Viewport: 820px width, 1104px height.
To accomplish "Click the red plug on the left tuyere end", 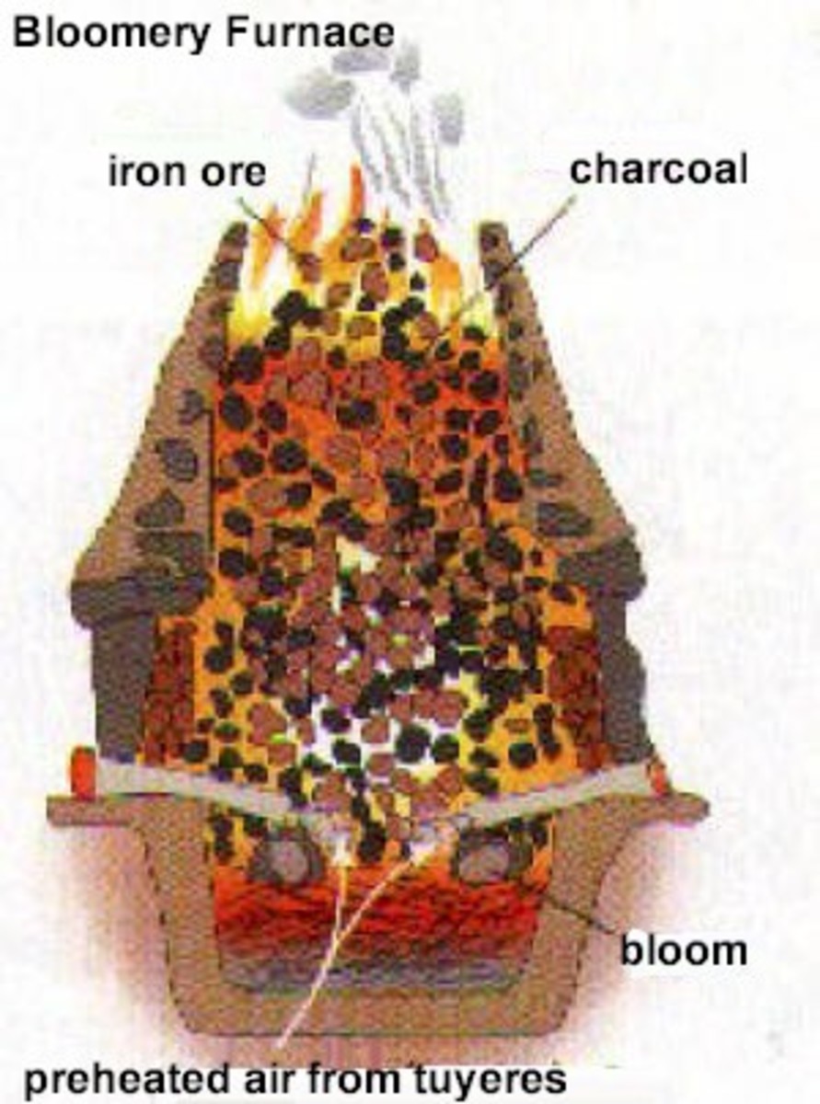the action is click(83, 777).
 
